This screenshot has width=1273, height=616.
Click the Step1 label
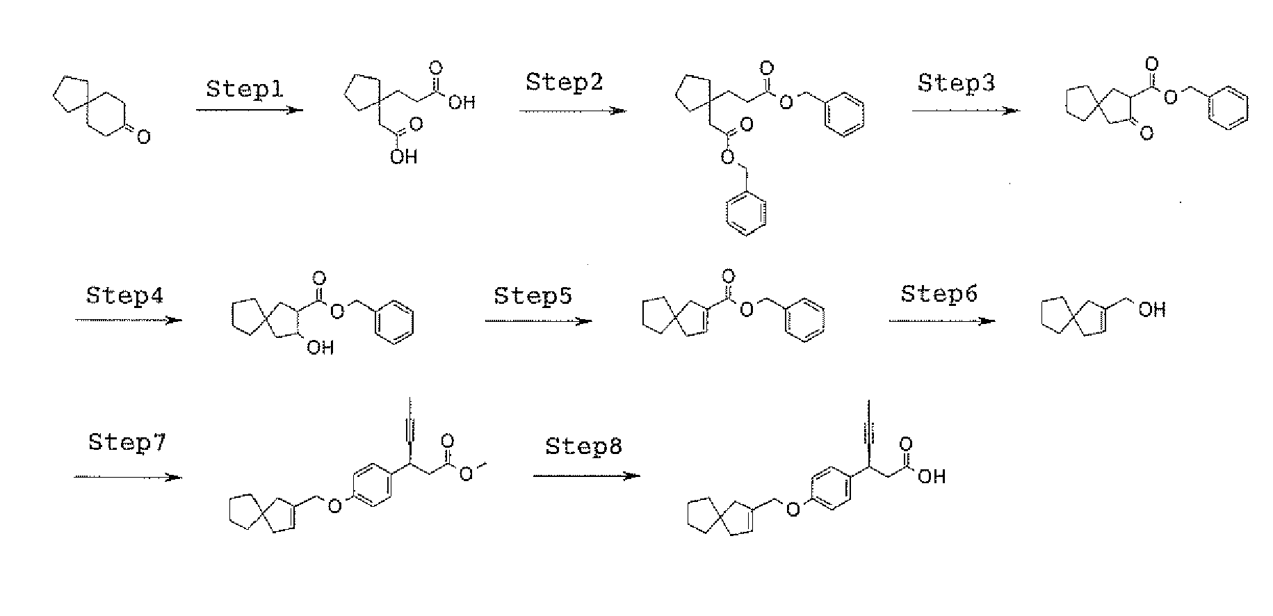pos(245,90)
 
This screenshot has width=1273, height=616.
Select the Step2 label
pos(564,82)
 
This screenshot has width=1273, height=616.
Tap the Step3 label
pos(956,83)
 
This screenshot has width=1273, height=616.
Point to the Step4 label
pos(125,295)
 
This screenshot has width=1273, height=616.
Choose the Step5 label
pos(533,295)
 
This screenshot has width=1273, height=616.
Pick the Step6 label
pos(939,294)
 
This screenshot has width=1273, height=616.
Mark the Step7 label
pos(127,442)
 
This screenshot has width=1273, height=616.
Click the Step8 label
pos(583,446)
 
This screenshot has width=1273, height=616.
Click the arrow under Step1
pos(250,110)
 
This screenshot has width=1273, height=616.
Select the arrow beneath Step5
pos(538,321)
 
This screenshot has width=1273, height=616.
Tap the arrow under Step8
pos(587,476)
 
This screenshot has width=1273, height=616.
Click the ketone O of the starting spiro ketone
pos(143,138)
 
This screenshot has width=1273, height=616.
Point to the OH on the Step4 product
pos(320,347)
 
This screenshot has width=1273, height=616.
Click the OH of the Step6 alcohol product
pos(1151,309)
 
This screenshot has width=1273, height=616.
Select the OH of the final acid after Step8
pos(932,476)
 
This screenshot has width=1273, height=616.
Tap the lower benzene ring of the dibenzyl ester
pos(746,214)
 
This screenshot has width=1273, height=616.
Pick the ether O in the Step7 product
pos(334,505)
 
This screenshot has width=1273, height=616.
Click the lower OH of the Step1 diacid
pos(403,157)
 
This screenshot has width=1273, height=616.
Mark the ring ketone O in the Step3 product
pos(1146,132)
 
